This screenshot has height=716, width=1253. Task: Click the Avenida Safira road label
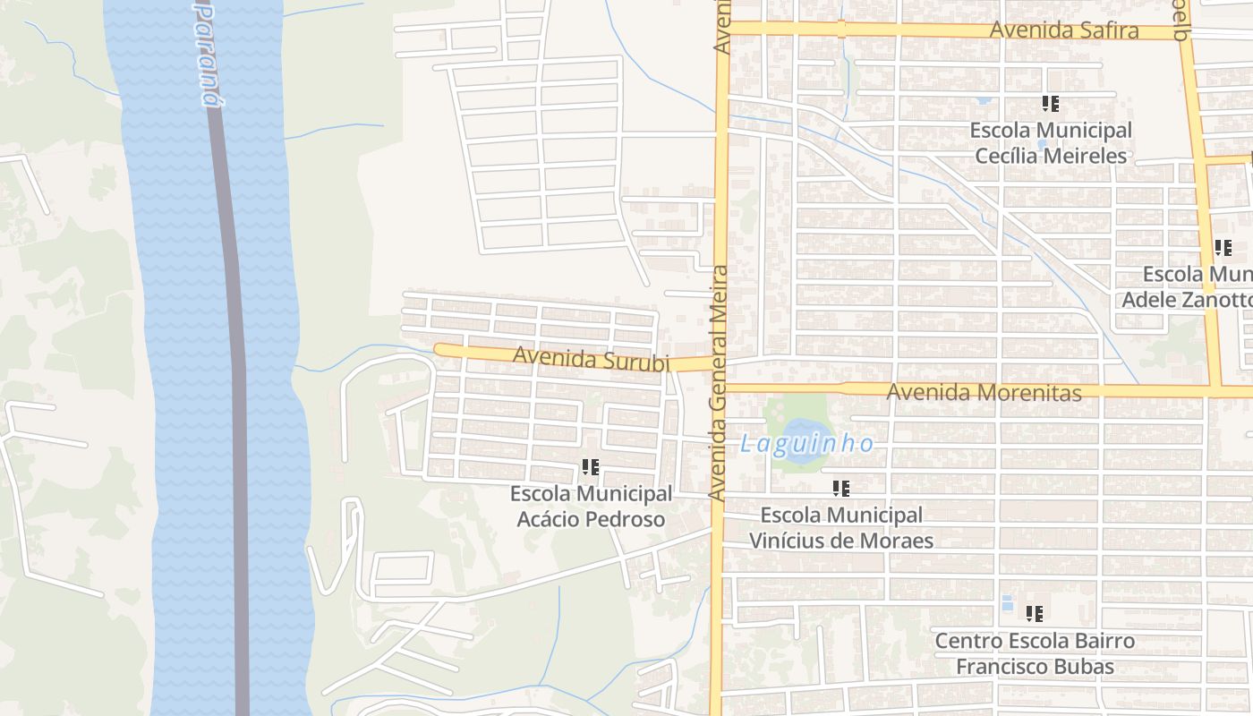(x=1063, y=30)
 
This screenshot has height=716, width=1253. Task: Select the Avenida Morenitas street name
(x=984, y=392)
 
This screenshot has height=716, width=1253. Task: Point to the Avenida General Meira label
(x=719, y=382)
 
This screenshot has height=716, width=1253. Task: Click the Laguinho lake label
(x=806, y=443)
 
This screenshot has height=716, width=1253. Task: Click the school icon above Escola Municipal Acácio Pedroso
(x=590, y=466)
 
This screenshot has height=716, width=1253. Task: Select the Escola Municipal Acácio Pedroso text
(x=591, y=507)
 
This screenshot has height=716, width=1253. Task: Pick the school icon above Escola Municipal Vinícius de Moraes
(x=840, y=488)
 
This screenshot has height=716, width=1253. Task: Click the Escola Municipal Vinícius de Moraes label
(x=840, y=528)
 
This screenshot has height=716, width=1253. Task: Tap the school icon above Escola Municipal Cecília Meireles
(x=1051, y=104)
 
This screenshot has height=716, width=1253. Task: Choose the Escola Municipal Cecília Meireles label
(x=1051, y=143)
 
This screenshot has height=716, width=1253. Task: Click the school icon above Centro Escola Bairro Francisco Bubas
(x=1035, y=614)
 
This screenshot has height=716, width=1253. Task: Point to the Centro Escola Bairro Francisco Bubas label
(x=1035, y=654)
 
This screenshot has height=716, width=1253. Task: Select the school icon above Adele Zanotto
(x=1223, y=248)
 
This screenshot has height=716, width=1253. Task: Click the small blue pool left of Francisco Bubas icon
(x=1007, y=602)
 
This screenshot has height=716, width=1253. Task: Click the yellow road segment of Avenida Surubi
(x=474, y=351)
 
